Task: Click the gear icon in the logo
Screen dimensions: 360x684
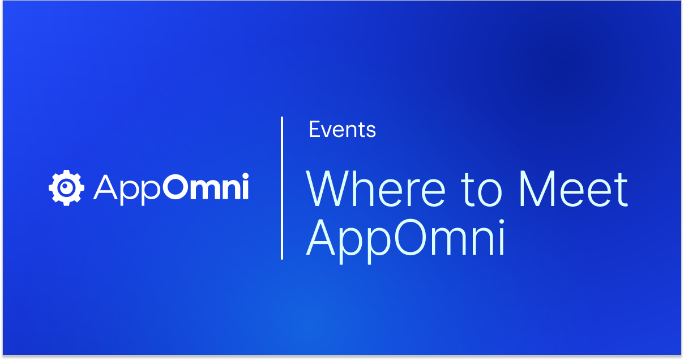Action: coord(66,187)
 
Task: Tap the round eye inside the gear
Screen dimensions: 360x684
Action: coord(67,187)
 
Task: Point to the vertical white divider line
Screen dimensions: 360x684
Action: coord(282,188)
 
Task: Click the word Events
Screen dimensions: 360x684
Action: coord(342,130)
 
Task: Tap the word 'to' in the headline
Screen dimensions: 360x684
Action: coord(482,190)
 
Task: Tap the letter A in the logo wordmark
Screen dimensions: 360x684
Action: coord(104,187)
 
